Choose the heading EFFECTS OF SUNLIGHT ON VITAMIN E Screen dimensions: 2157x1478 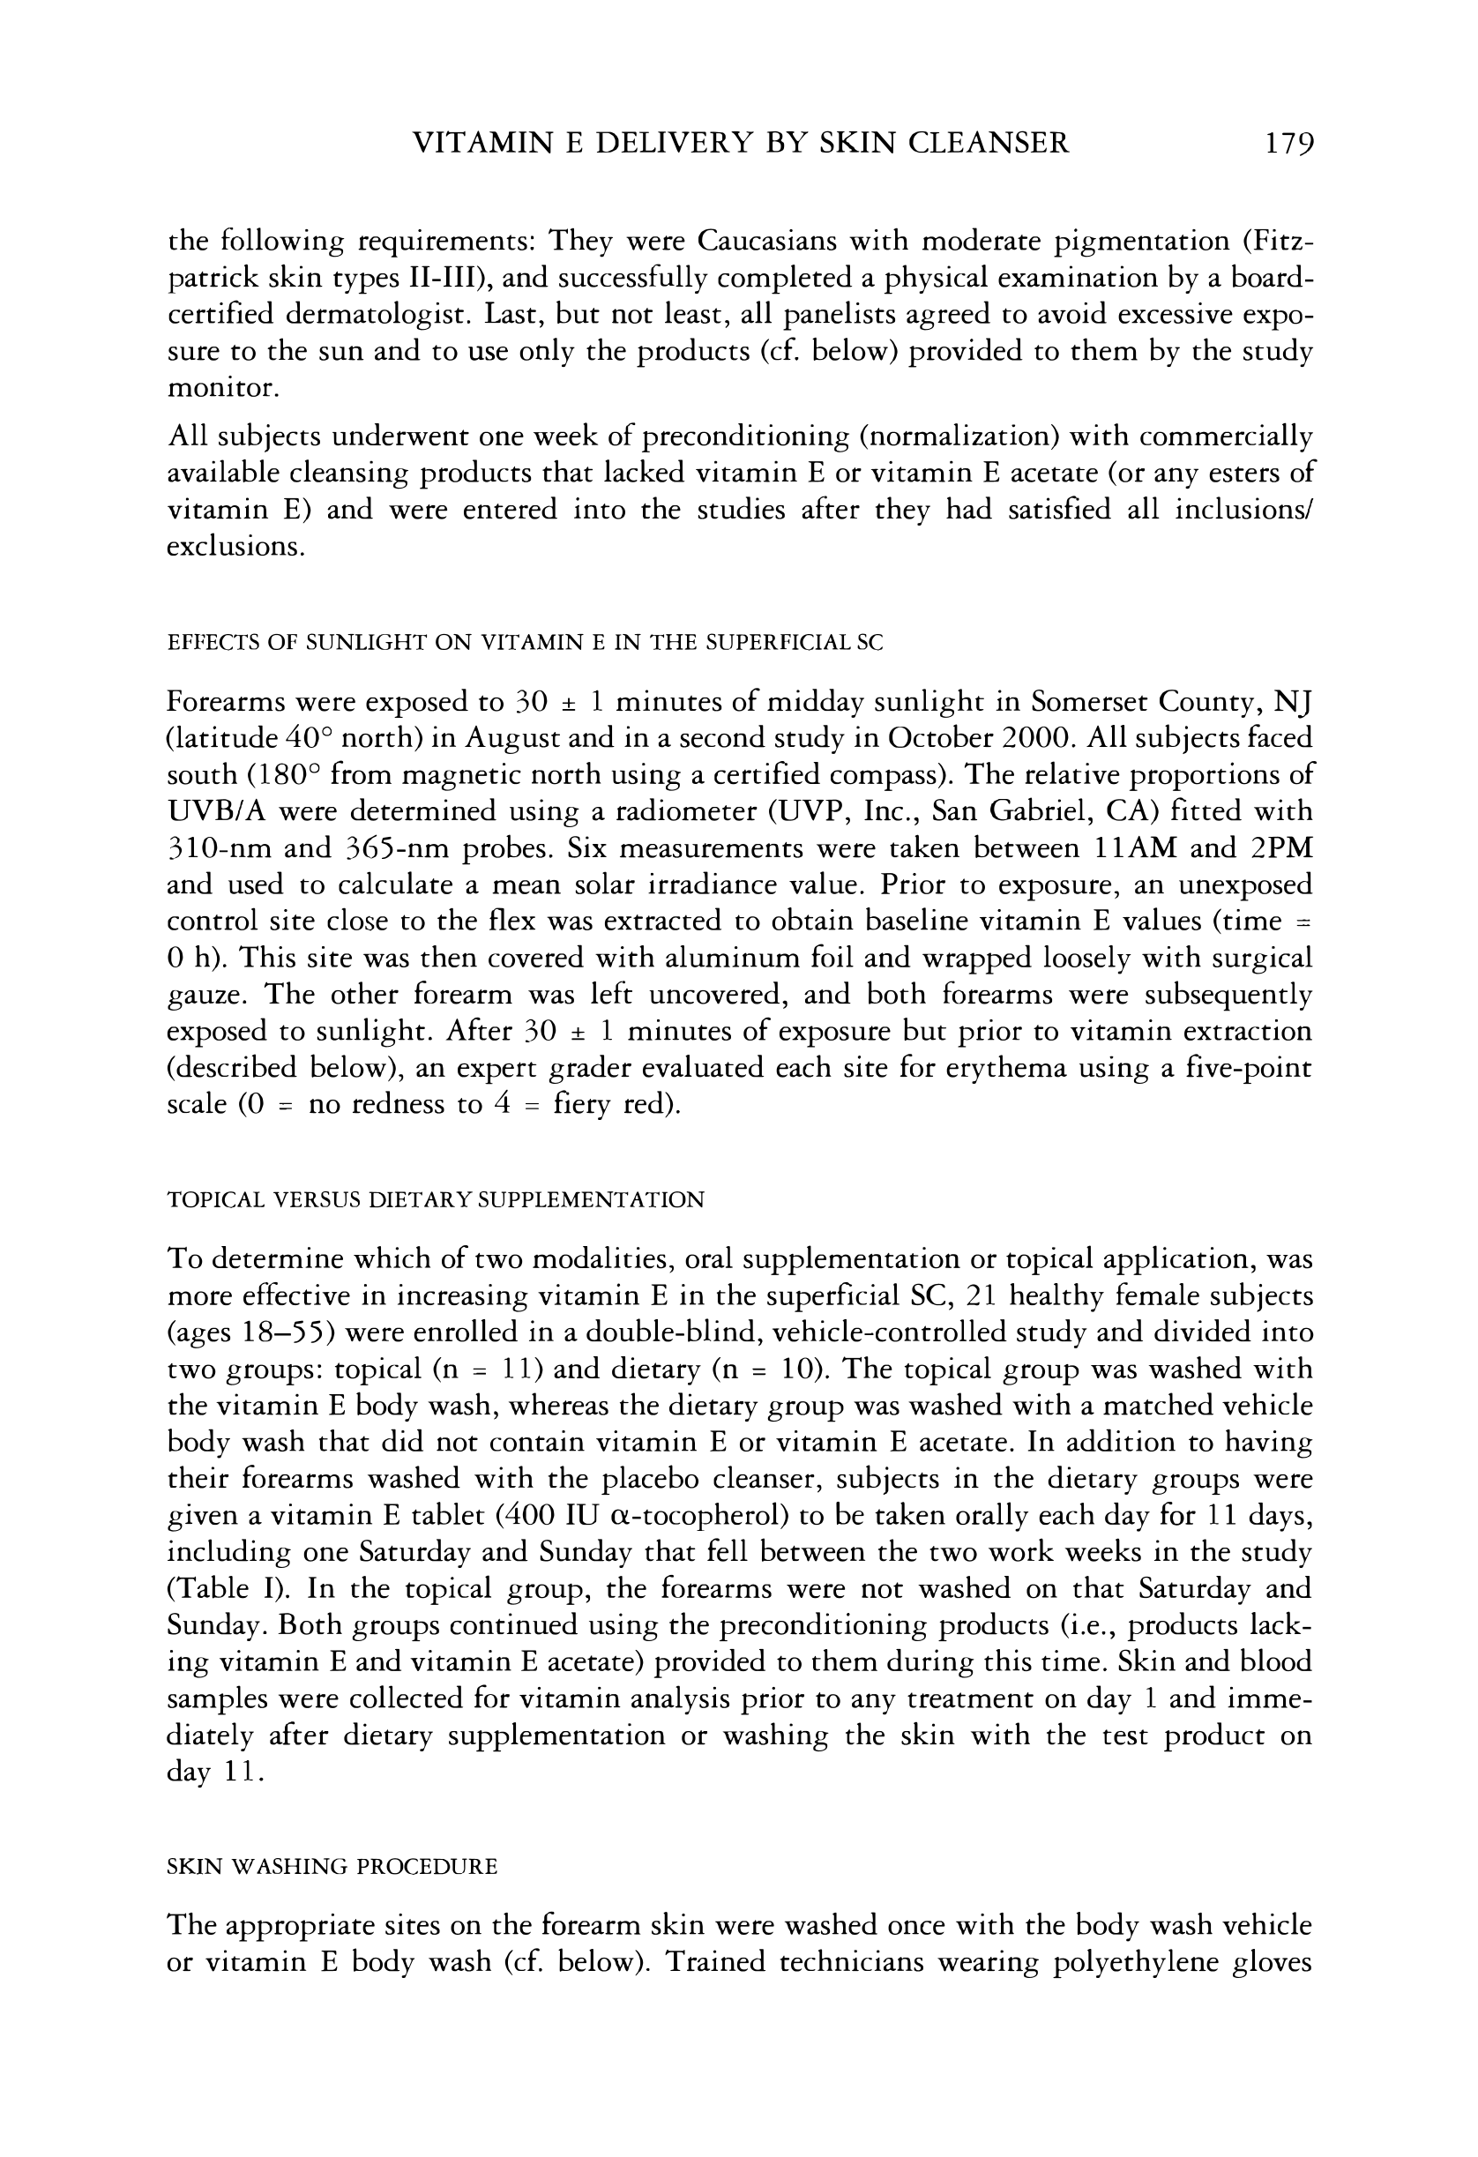pyautogui.click(x=525, y=642)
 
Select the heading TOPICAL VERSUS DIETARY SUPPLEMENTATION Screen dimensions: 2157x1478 pyautogui.click(x=436, y=1200)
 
